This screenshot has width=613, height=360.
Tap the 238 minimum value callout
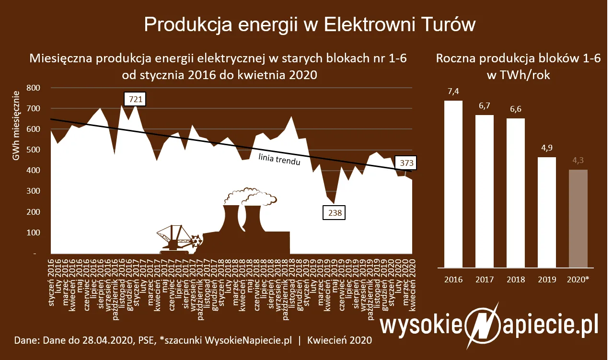click(335, 213)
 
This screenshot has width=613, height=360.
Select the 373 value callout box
click(406, 163)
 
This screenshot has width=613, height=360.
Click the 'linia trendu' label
click(279, 159)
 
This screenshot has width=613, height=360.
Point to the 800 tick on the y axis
click(34, 88)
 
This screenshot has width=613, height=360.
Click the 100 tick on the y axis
click(34, 232)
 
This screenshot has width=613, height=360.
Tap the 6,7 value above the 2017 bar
click(484, 105)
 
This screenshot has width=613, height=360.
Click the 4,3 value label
click(578, 160)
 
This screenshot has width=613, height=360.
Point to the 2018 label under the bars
click(516, 279)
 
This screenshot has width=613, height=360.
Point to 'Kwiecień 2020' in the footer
click(339, 341)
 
